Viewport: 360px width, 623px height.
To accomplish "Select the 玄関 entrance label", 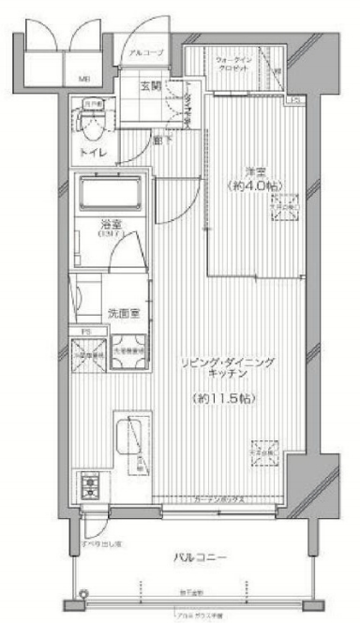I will click(x=150, y=86).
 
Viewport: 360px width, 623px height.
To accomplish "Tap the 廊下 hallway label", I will click(x=162, y=141).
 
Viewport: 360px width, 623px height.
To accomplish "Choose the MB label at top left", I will click(x=84, y=81).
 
